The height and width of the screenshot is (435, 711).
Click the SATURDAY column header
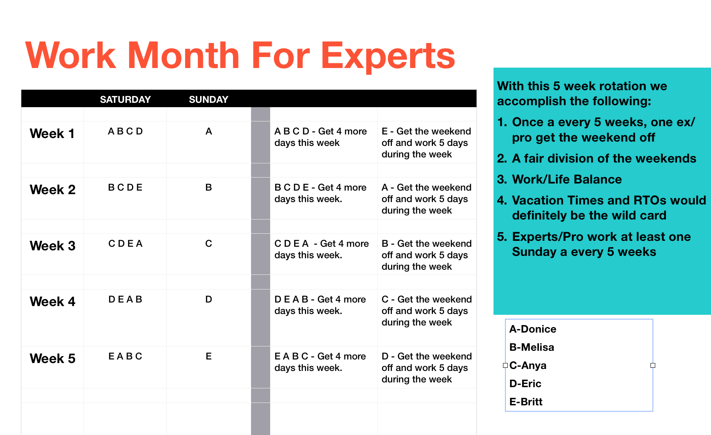point(125,99)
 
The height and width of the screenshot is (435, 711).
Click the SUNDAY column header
point(208,99)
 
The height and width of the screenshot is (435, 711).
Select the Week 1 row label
point(52,134)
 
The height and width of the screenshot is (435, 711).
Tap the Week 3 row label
point(53,246)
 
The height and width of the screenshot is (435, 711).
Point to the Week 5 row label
point(53,359)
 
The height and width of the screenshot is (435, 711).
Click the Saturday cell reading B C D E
point(125,187)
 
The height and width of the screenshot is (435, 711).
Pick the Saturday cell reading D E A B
point(125,299)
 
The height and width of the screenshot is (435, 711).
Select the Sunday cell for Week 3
point(209,244)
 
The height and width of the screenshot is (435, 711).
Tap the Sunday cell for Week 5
point(209,356)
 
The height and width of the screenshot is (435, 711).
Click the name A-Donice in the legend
point(533,329)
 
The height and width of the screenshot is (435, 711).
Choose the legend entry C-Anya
point(528,365)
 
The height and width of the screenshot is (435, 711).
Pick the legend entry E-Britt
point(526,402)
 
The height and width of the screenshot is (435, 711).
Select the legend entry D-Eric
point(525,384)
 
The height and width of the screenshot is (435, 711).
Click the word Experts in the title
point(388,56)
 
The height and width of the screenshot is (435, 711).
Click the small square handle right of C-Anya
point(653,365)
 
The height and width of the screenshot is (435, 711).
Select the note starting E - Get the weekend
point(426,143)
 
